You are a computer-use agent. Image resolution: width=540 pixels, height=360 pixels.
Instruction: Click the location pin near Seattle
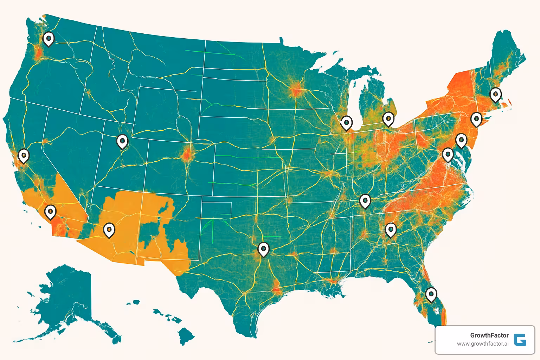click(x=49, y=38)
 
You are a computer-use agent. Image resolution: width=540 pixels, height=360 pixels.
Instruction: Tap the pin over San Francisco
click(x=24, y=155)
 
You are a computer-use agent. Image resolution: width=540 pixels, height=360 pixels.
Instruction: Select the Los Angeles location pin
click(x=50, y=211)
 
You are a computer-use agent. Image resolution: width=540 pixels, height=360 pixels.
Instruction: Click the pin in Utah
click(x=122, y=141)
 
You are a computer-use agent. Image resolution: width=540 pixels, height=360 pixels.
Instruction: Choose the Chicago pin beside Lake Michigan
click(x=346, y=123)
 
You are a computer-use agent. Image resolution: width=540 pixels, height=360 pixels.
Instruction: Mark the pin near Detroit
click(x=388, y=119)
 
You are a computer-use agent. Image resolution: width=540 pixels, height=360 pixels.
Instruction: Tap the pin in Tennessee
click(x=365, y=201)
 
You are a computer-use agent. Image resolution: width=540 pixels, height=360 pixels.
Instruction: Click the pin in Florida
click(x=431, y=294)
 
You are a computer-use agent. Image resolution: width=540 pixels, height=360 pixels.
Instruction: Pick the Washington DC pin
click(x=448, y=154)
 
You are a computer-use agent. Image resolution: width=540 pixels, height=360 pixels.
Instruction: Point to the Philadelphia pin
click(x=461, y=140)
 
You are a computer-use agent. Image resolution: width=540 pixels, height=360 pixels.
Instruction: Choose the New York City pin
click(x=476, y=119)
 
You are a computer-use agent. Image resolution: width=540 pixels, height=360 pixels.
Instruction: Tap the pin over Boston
click(x=495, y=94)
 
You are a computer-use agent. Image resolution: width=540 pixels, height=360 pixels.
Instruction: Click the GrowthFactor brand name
click(x=489, y=335)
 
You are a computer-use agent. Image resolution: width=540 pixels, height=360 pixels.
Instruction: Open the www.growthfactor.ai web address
click(x=482, y=344)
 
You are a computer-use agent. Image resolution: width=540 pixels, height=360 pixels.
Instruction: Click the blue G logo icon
click(x=520, y=340)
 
